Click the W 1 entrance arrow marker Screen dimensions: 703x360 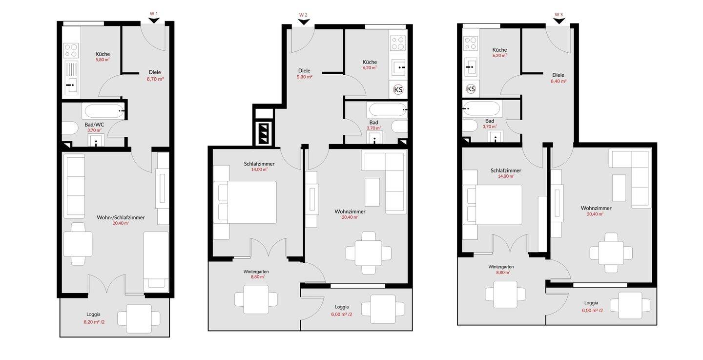click(x=154, y=21)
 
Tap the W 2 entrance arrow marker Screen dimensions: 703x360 click(x=304, y=22)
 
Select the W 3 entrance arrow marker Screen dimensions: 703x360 click(x=559, y=21)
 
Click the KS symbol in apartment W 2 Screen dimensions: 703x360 click(x=398, y=90)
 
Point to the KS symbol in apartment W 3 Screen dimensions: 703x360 click(x=471, y=89)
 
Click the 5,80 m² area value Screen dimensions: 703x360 click(x=103, y=60)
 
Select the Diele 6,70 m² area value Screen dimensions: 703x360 click(x=155, y=79)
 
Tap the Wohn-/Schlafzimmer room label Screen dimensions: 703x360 click(x=121, y=217)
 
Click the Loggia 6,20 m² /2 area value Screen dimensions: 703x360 click(x=94, y=322)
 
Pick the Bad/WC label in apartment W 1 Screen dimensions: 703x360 click(x=94, y=125)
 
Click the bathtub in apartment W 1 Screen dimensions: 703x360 click(x=104, y=110)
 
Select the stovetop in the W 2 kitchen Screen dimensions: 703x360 click(x=397, y=42)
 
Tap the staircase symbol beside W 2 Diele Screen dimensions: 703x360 click(x=263, y=133)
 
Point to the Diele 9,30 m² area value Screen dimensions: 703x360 click(x=305, y=77)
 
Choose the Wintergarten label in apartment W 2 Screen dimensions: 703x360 click(x=256, y=272)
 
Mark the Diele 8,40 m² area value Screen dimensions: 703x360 click(x=558, y=81)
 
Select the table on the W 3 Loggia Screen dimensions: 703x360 click(x=630, y=305)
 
